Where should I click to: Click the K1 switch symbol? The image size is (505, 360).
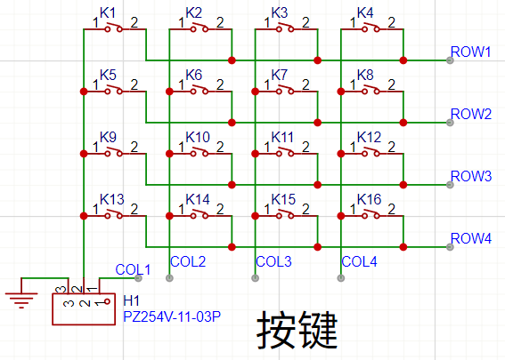(114, 28)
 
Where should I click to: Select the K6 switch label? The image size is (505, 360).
(193, 75)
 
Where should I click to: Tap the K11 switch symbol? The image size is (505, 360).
(286, 152)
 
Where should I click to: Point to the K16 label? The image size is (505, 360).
(369, 199)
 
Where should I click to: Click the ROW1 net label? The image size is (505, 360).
(470, 52)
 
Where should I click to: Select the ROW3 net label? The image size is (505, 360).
(471, 176)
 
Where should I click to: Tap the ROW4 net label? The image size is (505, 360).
(471, 238)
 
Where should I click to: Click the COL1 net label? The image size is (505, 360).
(133, 269)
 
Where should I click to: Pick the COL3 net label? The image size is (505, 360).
(273, 261)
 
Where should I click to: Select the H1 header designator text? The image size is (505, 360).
(132, 300)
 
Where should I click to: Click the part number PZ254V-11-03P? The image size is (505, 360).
(172, 317)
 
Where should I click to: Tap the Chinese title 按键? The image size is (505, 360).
(297, 330)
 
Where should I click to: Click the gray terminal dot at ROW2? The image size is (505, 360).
(450, 123)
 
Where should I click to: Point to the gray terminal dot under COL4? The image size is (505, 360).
(341, 278)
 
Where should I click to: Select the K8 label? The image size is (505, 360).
(365, 75)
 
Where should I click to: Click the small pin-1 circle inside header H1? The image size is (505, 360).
(107, 302)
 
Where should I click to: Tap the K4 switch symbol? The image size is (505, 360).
(371, 28)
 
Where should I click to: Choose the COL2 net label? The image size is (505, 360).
(188, 261)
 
